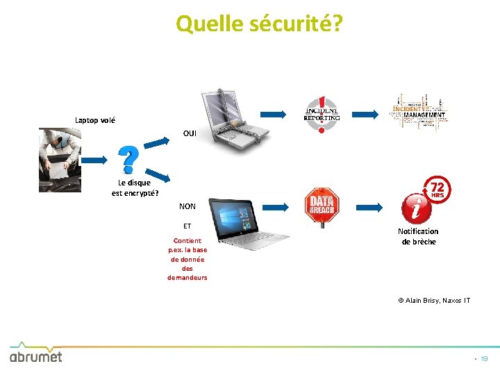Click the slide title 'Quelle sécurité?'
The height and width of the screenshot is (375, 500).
click(x=259, y=24)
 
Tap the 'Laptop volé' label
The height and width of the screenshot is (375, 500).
click(x=95, y=120)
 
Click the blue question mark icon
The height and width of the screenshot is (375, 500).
click(x=128, y=159)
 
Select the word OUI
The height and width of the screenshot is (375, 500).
click(x=190, y=133)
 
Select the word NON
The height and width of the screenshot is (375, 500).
click(x=187, y=206)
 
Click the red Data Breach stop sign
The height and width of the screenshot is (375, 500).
click(x=322, y=206)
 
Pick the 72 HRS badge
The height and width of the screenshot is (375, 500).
click(x=438, y=189)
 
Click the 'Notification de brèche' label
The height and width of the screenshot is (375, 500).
click(x=418, y=236)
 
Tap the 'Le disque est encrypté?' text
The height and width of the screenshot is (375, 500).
click(x=135, y=187)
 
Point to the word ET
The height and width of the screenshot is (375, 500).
click(x=187, y=226)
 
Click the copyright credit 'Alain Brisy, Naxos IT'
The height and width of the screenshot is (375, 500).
click(x=434, y=300)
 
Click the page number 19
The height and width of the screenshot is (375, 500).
click(x=484, y=359)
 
